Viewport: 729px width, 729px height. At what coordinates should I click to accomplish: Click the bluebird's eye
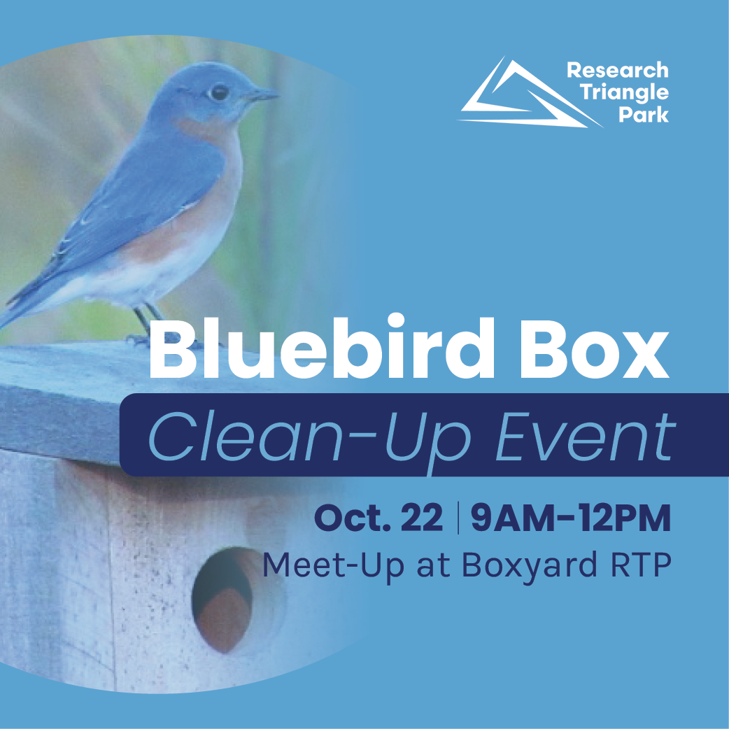[218, 92]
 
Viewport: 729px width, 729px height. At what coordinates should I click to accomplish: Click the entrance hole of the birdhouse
[222, 600]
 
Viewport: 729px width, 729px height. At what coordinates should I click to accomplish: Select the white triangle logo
[530, 92]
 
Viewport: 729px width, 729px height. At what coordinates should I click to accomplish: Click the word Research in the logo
[618, 70]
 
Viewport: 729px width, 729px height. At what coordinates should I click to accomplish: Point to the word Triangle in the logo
[624, 93]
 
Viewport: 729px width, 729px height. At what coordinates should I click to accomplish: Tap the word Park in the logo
[644, 114]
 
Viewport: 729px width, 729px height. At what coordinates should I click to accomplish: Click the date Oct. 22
[378, 518]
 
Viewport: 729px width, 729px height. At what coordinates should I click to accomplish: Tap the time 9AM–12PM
[571, 518]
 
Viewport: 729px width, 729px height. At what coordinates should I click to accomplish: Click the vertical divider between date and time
[458, 518]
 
